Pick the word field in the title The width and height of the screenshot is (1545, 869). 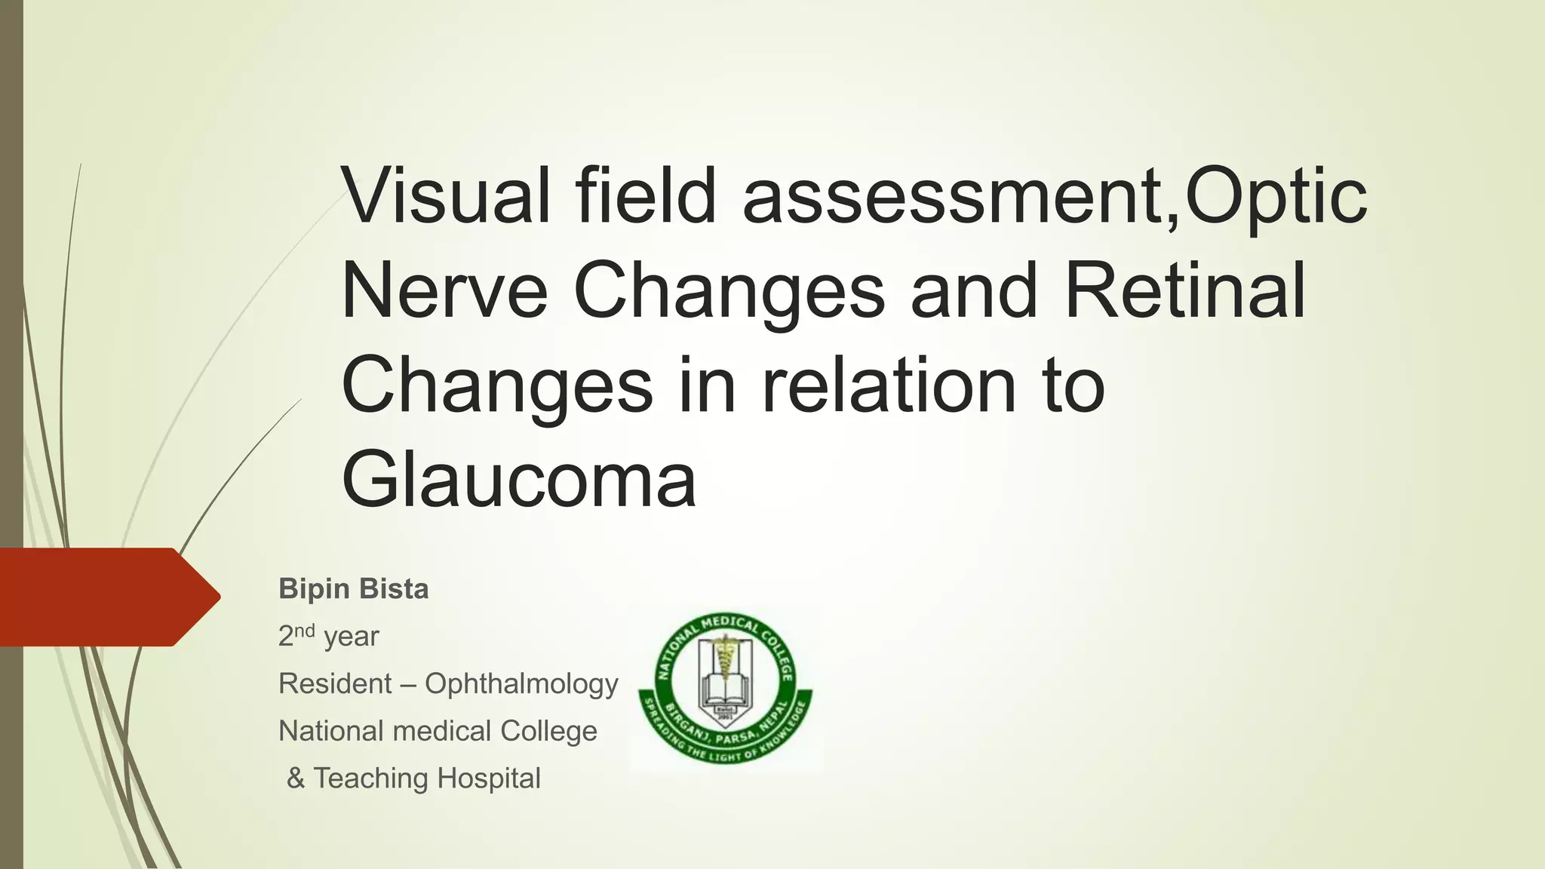coord(646,196)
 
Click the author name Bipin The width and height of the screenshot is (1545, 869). coord(307,589)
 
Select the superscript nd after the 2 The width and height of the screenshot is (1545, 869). coord(304,631)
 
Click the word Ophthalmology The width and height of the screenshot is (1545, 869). coord(521,683)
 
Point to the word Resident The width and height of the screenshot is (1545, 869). coord(335,683)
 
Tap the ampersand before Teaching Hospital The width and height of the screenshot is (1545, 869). coord(296,778)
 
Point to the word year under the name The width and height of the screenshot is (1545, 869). coord(351,637)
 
